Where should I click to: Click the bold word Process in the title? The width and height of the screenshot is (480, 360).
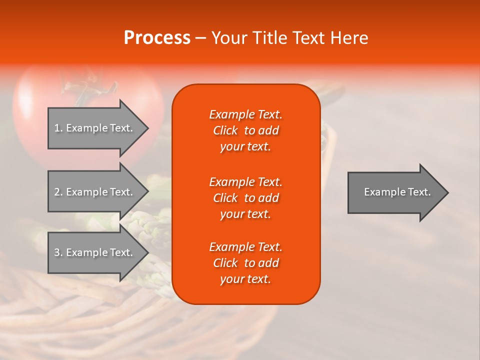tap(157, 38)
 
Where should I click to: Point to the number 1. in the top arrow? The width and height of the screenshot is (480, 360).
tap(58, 128)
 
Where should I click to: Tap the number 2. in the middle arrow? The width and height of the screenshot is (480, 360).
tap(58, 192)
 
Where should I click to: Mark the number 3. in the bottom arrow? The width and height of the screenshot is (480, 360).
tap(58, 252)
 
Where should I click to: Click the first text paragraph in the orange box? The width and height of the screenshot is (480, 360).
tap(245, 130)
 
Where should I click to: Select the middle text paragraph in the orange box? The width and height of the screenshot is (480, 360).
tap(245, 198)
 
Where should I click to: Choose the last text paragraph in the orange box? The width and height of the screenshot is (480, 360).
tap(245, 263)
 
